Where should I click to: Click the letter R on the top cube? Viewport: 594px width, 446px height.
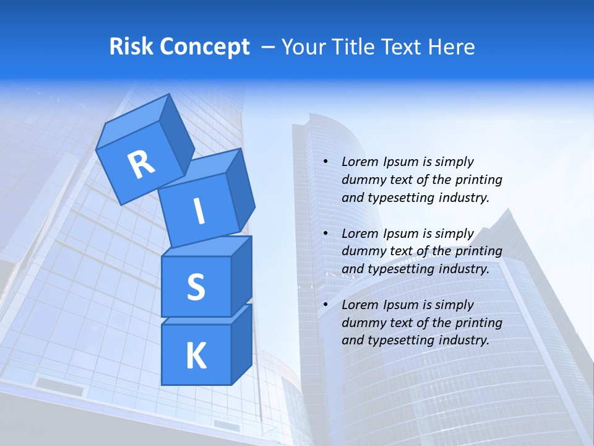pyautogui.click(x=142, y=164)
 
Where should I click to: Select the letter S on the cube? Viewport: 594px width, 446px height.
pyautogui.click(x=196, y=287)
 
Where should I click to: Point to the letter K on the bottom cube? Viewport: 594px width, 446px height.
pyautogui.click(x=196, y=356)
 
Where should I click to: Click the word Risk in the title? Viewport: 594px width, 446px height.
pyautogui.click(x=132, y=47)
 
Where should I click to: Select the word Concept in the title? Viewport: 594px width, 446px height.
pyautogui.click(x=204, y=47)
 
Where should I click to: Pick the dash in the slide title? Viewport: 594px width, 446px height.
pyautogui.click(x=269, y=47)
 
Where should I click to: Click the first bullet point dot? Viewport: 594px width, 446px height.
pyautogui.click(x=325, y=162)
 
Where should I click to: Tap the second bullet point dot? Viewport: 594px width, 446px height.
pyautogui.click(x=325, y=234)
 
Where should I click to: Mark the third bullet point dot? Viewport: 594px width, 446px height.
pyautogui.click(x=325, y=305)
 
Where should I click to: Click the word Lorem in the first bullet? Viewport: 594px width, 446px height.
pyautogui.click(x=360, y=162)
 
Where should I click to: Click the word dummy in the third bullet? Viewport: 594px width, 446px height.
pyautogui.click(x=361, y=323)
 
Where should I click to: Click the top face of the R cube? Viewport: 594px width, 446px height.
pyautogui.click(x=133, y=121)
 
